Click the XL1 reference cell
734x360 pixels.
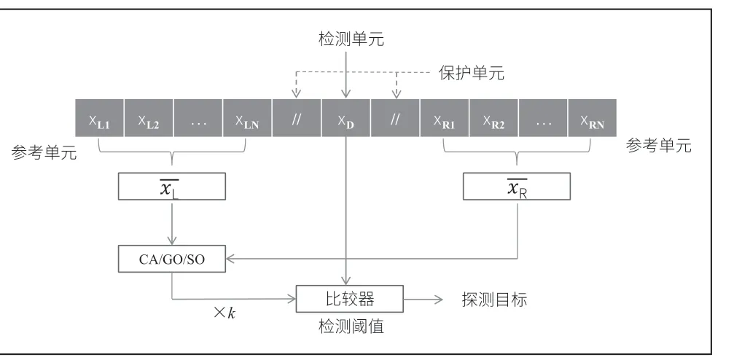(x=100, y=118)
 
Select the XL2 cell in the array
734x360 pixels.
(x=149, y=118)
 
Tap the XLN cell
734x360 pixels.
(x=247, y=118)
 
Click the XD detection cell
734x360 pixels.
(x=346, y=118)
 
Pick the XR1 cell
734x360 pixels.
(x=444, y=118)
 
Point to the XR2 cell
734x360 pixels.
(x=494, y=118)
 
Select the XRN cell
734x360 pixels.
(x=592, y=118)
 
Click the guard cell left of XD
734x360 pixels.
(x=297, y=118)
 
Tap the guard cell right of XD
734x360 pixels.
(x=395, y=118)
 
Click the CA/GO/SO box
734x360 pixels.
(x=172, y=259)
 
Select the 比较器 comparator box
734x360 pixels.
(x=350, y=299)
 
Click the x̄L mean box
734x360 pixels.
(x=172, y=187)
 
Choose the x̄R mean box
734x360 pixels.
(x=517, y=187)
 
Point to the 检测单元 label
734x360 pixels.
(x=351, y=39)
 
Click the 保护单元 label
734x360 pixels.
(x=472, y=73)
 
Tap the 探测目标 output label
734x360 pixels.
(x=494, y=300)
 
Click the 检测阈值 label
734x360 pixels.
(x=351, y=326)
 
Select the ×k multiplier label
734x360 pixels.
(x=225, y=313)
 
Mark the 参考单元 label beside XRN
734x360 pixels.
(x=659, y=146)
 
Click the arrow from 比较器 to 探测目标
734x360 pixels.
(x=423, y=300)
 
